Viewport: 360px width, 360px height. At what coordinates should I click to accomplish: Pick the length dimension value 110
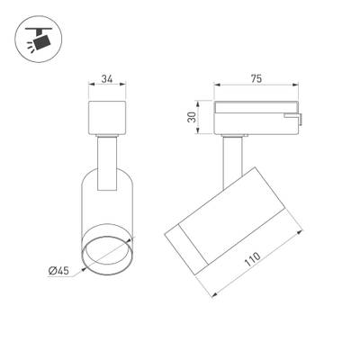coord(264,261)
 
